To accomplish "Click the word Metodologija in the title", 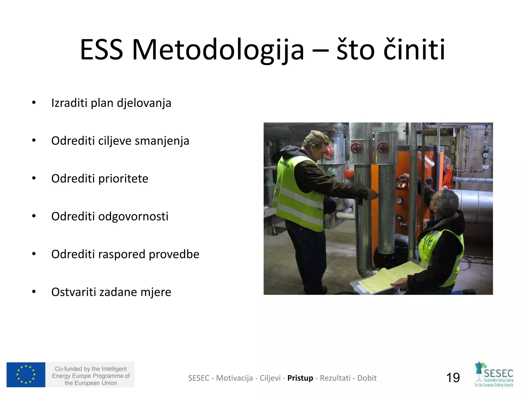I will coord(218,50).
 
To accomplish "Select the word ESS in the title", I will coord(102,50).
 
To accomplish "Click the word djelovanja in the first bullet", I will coord(144,103).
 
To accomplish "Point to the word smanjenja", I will coord(162,141).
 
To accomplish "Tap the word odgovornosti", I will coord(133,216).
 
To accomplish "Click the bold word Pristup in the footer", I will coord(300,378).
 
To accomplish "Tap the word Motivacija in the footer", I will coord(234,378).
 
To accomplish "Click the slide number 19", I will coord(453,378).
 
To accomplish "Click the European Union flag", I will coord(26,375).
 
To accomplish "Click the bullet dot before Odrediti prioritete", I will coord(34,179).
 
